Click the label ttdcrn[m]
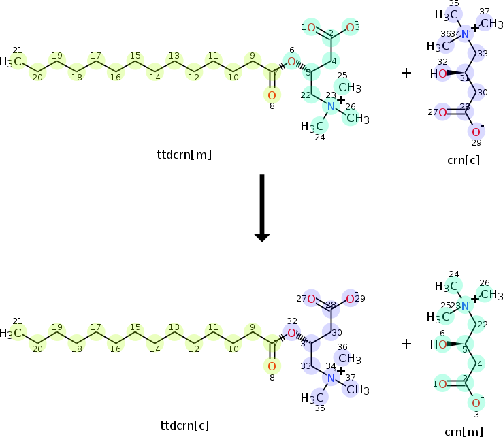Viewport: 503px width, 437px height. pyautogui.click(x=184, y=155)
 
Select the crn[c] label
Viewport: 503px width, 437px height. pyautogui.click(x=463, y=160)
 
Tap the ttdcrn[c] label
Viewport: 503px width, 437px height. pyautogui.click(x=184, y=426)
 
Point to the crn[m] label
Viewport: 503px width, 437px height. pyautogui.click(x=463, y=431)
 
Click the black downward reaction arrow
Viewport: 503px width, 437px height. pyautogui.click(x=262, y=208)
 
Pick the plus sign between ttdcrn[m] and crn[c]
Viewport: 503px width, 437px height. pyautogui.click(x=406, y=72)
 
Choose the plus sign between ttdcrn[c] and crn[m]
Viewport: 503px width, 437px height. pyautogui.click(x=406, y=344)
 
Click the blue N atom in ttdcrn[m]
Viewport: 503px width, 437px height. pyautogui.click(x=331, y=106)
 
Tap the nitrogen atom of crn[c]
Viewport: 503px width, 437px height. pyautogui.click(x=464, y=35)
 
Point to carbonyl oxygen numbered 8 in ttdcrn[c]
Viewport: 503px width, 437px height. pyautogui.click(x=271, y=367)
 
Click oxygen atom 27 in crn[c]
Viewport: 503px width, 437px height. pyautogui.click(x=442, y=112)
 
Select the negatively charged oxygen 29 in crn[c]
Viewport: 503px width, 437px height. pyautogui.click(x=476, y=132)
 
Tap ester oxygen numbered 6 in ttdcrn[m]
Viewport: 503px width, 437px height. pyautogui.click(x=291, y=62)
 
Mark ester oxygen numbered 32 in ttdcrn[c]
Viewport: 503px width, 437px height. pyautogui.click(x=291, y=334)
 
